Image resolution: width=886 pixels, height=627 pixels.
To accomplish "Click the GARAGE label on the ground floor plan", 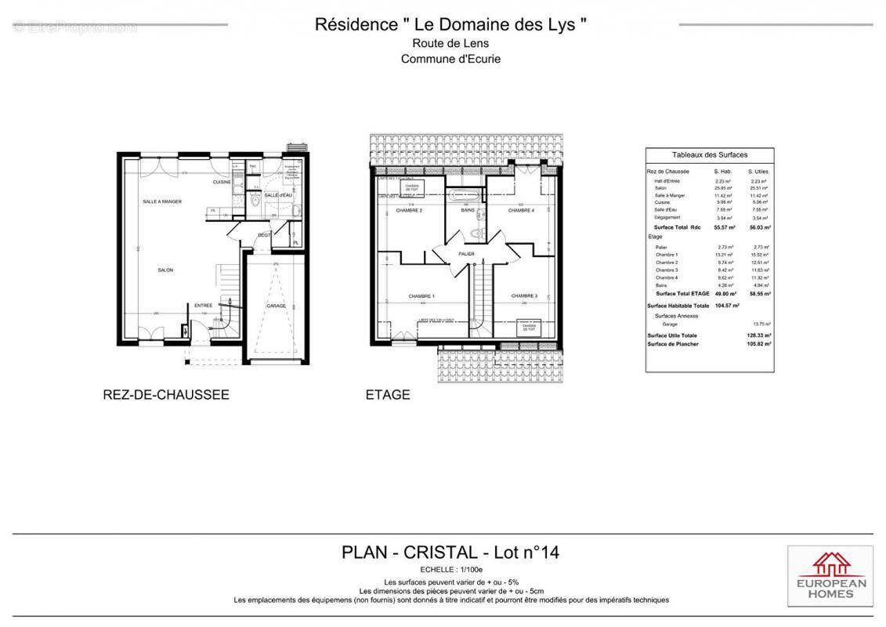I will click(x=276, y=306).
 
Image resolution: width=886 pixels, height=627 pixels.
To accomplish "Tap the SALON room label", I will click(x=165, y=270).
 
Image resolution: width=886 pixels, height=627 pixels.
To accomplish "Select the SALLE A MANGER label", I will click(x=162, y=201).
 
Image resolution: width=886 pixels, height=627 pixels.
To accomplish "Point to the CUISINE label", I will click(x=222, y=182).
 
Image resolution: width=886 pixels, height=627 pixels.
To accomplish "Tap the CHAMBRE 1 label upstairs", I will click(x=421, y=296).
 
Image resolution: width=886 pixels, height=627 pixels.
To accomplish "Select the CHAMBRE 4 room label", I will click(x=521, y=210).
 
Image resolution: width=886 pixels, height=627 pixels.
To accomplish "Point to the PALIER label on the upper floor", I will click(x=467, y=254).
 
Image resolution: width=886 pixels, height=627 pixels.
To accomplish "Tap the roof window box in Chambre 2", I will click(x=411, y=187).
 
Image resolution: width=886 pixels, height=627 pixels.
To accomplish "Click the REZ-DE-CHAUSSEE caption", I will click(x=166, y=395).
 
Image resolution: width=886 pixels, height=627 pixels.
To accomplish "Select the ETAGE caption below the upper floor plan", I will click(x=388, y=395).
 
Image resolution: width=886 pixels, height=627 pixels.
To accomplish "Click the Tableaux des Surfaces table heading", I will click(x=709, y=155).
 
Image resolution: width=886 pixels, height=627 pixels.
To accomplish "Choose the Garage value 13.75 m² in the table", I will click(x=760, y=324).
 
